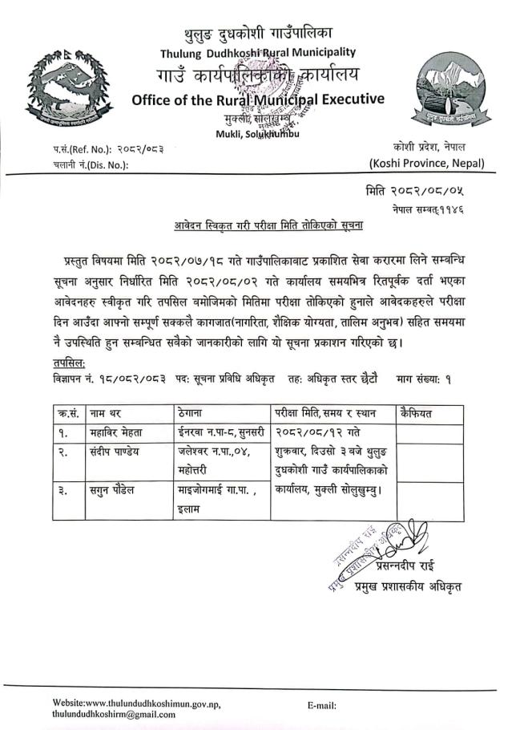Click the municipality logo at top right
[451, 93]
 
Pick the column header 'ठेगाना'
[195, 415]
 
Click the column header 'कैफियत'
[418, 415]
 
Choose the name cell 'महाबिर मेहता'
[119, 434]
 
